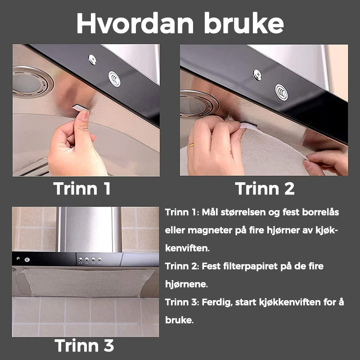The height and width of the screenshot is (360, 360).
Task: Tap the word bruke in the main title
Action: click(244, 23)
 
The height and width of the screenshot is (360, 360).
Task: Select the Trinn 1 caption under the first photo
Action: click(82, 189)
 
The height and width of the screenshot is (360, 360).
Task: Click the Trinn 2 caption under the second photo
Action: click(265, 189)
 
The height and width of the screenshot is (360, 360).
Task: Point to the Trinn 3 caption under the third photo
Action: click(84, 345)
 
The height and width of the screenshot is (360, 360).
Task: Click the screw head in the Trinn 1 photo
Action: click(92, 59)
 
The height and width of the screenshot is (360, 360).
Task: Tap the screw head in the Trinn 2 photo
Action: click(257, 75)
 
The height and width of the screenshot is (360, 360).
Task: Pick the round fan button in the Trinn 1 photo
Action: click(114, 79)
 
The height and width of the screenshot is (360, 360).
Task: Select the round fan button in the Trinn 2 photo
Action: click(282, 92)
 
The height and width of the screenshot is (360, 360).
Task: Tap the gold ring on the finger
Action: click(191, 145)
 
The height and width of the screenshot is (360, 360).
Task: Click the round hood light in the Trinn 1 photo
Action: click(31, 82)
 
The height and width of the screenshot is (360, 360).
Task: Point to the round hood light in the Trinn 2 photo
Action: click(198, 104)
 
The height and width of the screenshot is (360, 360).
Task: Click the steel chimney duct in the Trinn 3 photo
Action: click(89, 229)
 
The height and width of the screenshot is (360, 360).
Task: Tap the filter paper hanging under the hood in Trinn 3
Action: click(87, 283)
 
